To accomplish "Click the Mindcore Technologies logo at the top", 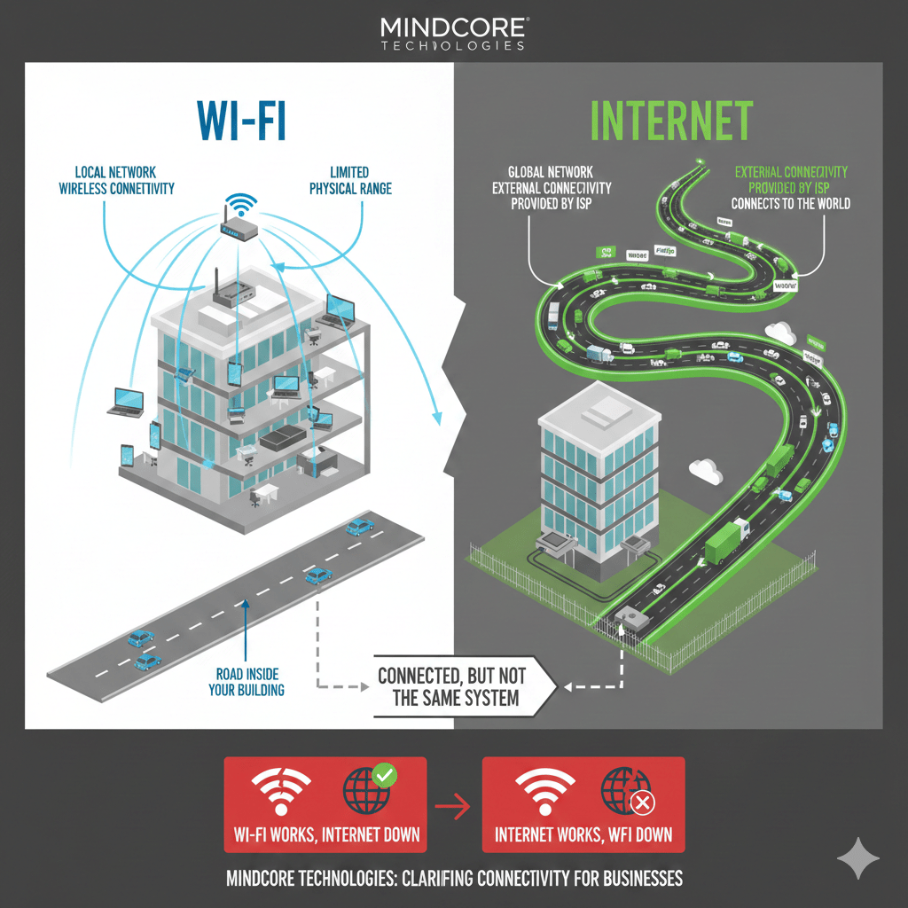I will point(453,32).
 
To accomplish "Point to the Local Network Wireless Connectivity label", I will point(117,180).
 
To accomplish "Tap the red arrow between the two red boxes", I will point(453,806).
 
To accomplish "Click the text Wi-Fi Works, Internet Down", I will point(325,834).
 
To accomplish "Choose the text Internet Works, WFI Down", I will point(583,834).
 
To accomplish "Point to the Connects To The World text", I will point(790,203).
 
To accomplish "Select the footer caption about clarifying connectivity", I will point(454,879).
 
